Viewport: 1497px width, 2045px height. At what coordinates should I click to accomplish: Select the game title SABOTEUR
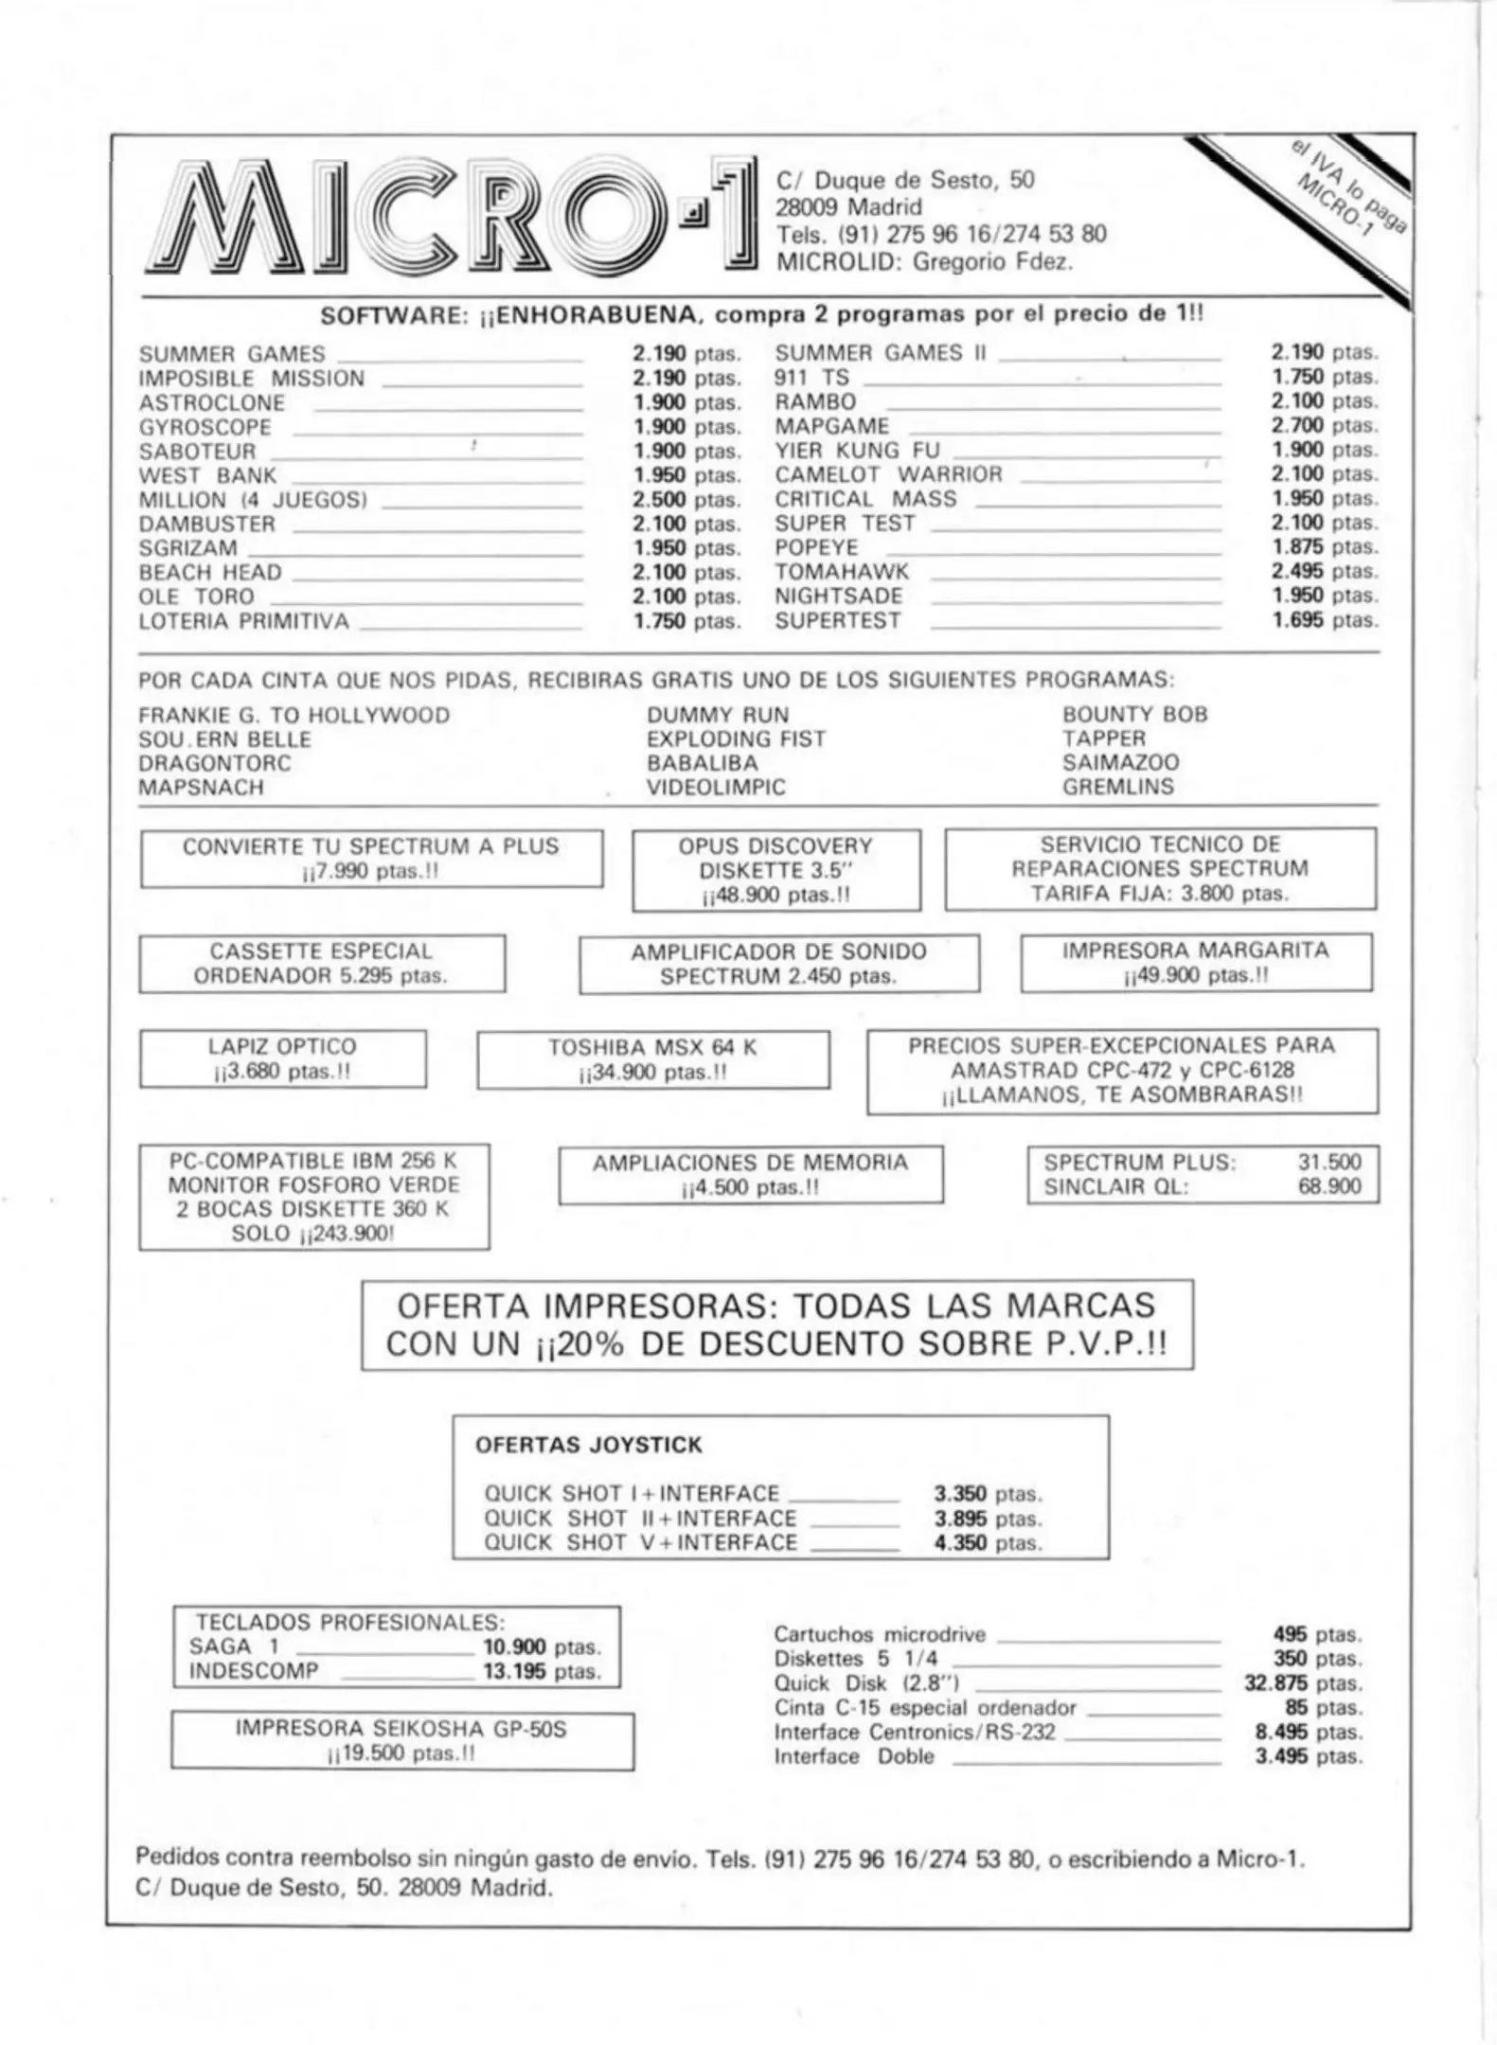click(197, 452)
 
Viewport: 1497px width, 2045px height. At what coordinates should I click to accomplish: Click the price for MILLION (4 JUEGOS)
click(686, 500)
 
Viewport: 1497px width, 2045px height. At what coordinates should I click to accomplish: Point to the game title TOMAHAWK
click(841, 572)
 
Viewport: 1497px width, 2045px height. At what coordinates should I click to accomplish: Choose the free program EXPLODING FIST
click(736, 738)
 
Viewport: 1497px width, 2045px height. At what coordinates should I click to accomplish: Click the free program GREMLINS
click(1117, 787)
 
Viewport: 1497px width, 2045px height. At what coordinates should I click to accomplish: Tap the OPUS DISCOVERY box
click(775, 870)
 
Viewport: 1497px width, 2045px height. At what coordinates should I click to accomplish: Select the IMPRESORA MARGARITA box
click(1195, 963)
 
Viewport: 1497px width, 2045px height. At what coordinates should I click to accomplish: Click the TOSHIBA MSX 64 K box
click(652, 1059)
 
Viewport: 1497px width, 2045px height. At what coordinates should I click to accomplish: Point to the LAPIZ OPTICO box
click(282, 1058)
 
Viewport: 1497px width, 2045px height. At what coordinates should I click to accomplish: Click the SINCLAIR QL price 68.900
click(1328, 1187)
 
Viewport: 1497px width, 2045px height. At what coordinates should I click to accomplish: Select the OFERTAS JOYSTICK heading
click(588, 1446)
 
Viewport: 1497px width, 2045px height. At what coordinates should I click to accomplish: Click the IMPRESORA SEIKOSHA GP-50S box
click(401, 1740)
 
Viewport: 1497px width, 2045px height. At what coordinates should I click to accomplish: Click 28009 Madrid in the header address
click(848, 207)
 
